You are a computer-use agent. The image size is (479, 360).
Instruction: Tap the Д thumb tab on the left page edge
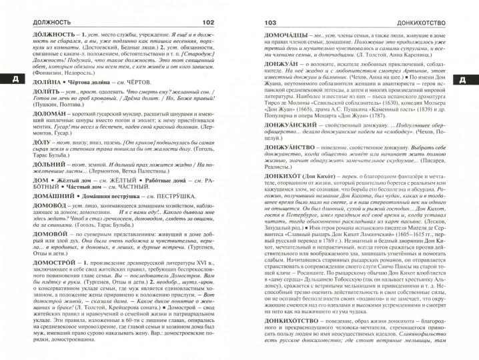point(7,81)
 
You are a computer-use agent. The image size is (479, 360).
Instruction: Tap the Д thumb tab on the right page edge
point(470,81)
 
